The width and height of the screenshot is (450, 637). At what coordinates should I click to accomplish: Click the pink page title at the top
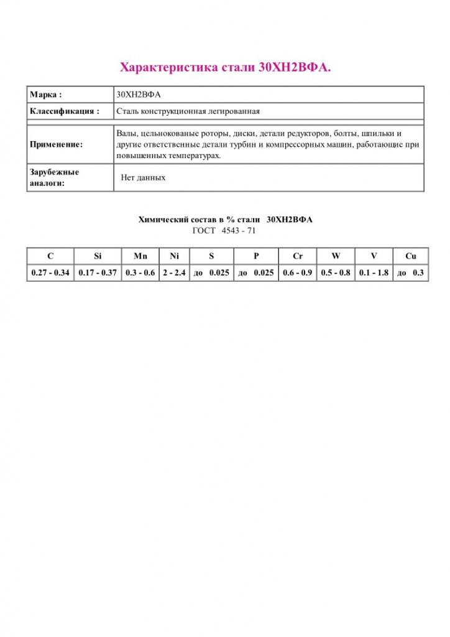225,67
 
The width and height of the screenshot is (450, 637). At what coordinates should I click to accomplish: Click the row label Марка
46,95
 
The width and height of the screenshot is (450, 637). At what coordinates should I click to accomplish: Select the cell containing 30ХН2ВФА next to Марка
139,95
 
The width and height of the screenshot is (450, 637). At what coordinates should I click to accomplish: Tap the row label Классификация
64,111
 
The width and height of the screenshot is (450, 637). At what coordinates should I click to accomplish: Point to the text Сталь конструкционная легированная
188,111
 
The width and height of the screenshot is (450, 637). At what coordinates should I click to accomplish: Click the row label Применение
56,144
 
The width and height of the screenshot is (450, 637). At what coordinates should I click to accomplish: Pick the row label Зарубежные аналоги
55,177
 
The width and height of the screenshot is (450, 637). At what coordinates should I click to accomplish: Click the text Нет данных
144,177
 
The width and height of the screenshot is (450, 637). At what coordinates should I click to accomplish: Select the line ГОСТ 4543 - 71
224,230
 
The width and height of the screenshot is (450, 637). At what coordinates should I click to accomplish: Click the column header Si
98,256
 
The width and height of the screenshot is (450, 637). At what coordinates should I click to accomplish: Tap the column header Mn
140,256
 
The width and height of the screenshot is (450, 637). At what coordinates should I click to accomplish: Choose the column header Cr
298,256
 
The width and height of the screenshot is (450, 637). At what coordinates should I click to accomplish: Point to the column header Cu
410,256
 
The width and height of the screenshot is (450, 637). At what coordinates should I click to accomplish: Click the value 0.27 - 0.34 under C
50,273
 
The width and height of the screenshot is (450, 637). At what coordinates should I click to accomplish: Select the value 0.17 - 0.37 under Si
98,273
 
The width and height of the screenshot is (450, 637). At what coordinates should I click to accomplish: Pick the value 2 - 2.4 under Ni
174,273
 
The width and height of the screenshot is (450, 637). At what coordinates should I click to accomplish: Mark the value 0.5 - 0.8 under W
336,273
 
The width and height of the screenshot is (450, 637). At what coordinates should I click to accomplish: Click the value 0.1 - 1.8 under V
374,273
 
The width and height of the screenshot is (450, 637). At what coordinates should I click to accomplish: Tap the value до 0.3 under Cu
410,273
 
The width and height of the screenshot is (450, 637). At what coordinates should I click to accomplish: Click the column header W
336,256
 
